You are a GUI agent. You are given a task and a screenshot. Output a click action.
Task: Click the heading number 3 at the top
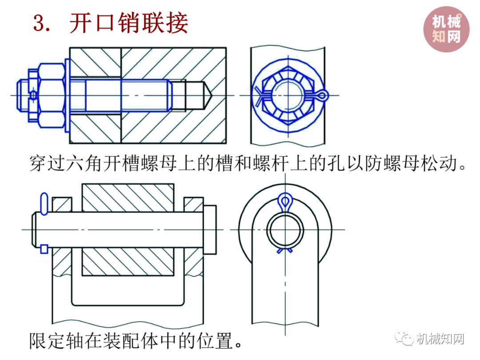39,23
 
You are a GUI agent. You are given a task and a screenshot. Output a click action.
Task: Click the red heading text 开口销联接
128,23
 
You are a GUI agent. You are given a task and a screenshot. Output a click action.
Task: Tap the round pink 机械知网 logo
446,29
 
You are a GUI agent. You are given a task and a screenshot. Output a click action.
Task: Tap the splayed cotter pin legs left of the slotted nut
259,96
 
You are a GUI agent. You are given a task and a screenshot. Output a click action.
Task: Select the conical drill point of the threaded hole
208,96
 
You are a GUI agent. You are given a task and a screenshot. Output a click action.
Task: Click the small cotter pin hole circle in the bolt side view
33,96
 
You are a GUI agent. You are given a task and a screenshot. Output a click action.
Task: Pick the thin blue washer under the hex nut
68,96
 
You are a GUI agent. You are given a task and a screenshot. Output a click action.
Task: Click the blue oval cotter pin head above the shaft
44,204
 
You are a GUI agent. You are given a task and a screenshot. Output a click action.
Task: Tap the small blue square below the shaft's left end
44,249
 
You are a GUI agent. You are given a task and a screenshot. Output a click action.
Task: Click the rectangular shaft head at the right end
210,230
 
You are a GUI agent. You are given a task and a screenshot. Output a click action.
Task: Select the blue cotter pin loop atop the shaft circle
285,202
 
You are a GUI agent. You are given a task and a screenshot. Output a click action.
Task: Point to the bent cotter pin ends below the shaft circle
285,250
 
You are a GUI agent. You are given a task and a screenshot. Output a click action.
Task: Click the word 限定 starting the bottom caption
47,340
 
